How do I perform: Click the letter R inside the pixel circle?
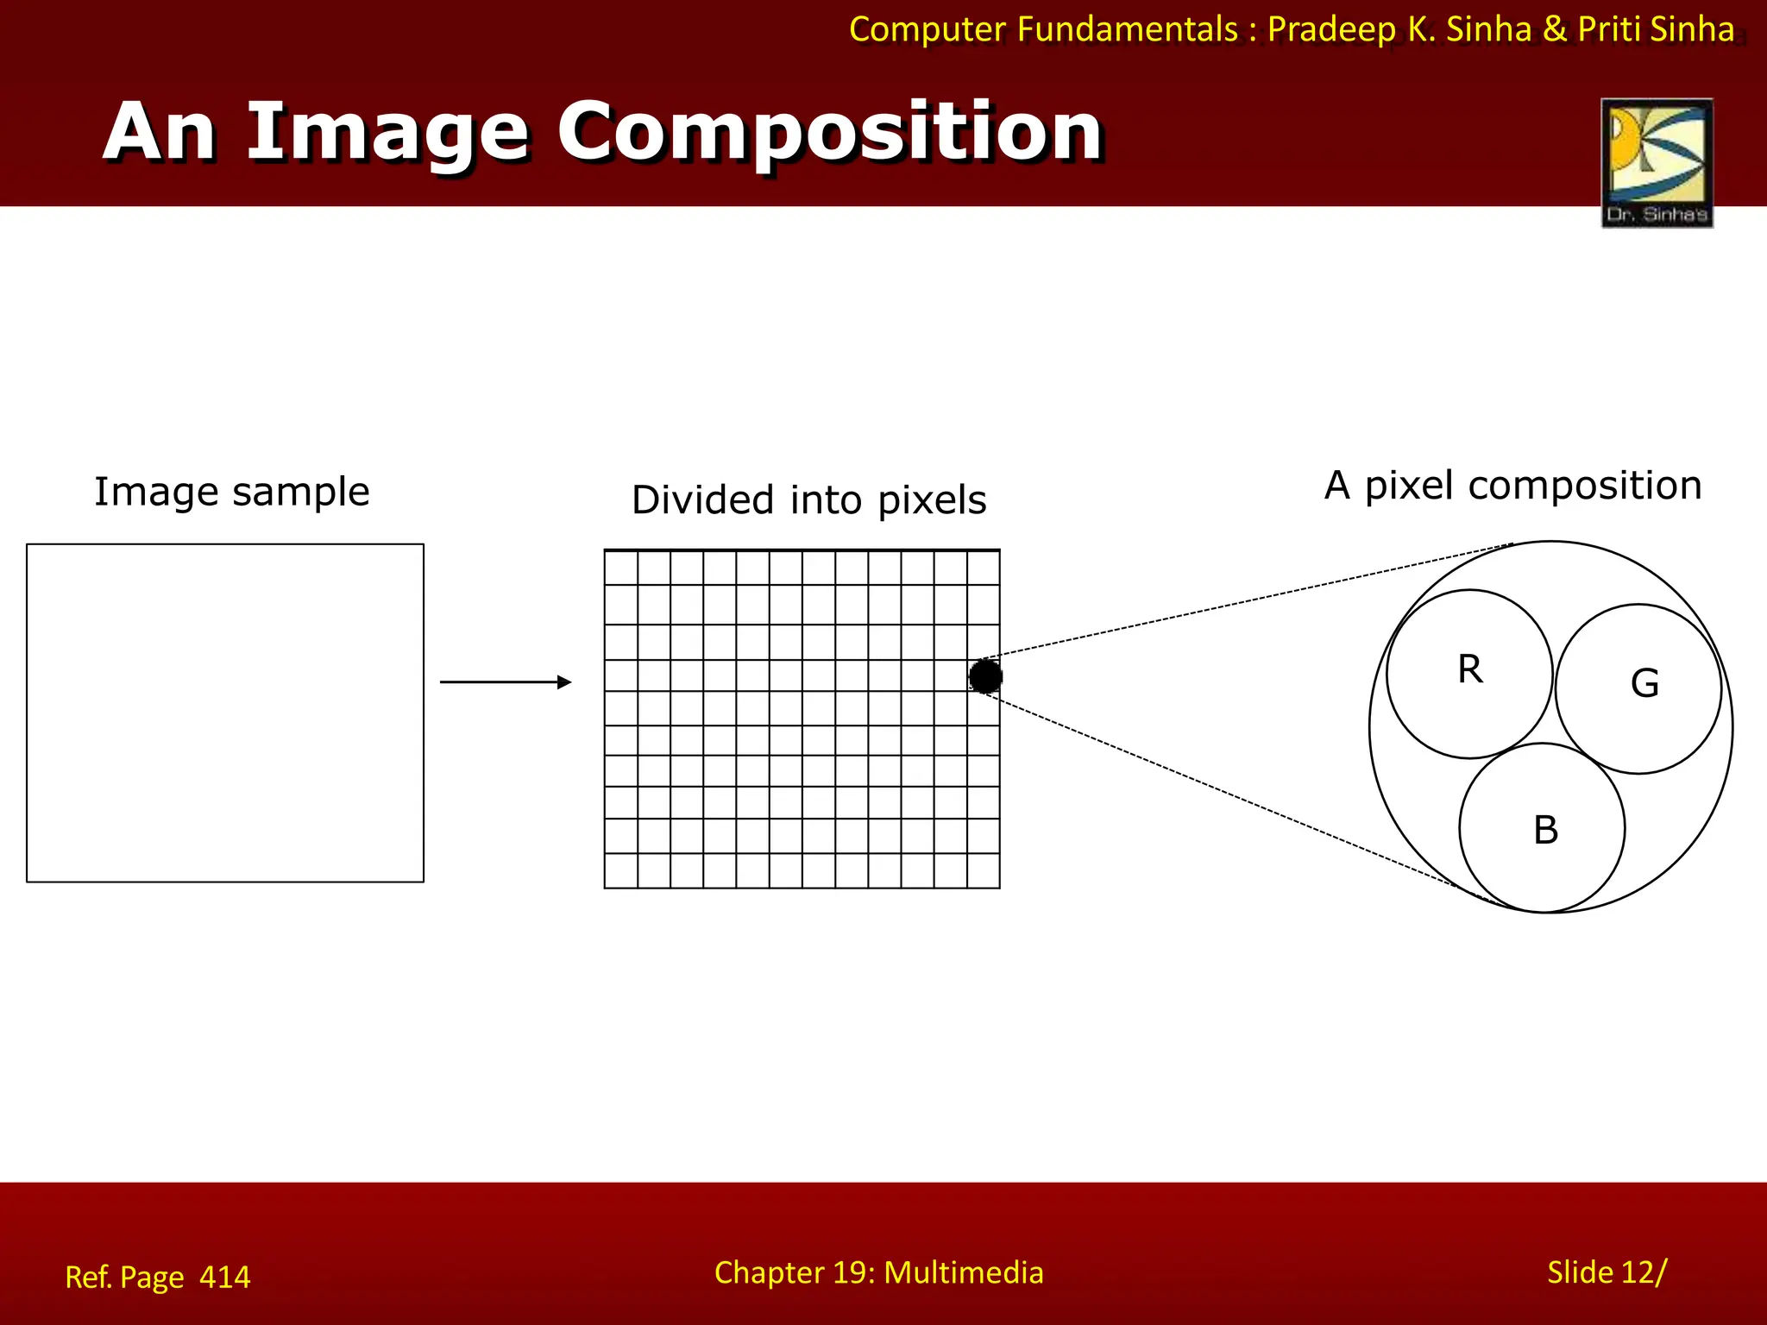(1470, 669)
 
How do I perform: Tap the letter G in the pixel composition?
(1644, 684)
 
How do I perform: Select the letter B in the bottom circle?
(1545, 830)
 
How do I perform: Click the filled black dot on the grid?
(985, 676)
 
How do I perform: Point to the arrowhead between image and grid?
(565, 682)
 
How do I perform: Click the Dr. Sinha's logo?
(1657, 162)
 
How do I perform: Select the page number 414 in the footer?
(224, 1277)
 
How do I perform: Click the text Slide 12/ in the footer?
(1607, 1272)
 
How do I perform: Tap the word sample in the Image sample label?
(300, 493)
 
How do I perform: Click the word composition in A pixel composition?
(1585, 486)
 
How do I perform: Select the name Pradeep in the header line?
(1331, 30)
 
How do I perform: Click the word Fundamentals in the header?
(1128, 30)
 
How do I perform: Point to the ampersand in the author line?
(1554, 30)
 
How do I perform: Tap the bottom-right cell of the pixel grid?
(984, 870)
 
